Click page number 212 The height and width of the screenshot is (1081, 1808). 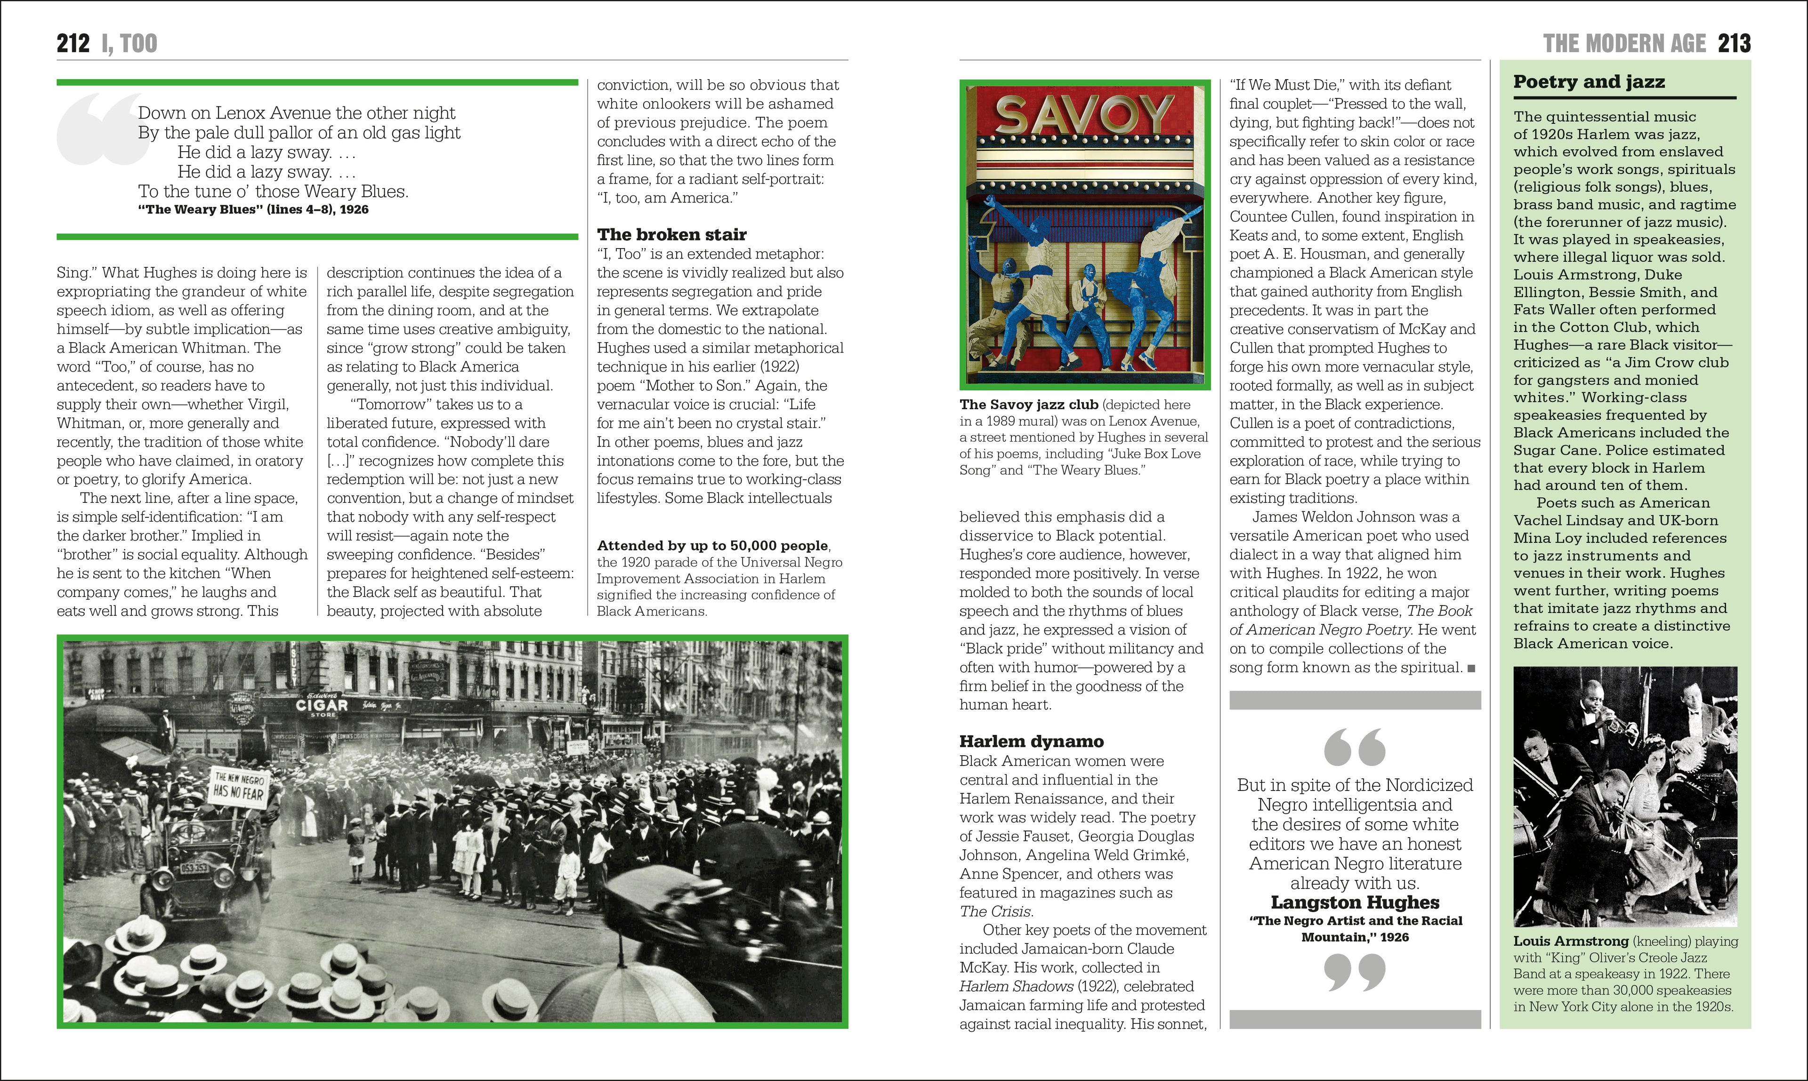tap(73, 44)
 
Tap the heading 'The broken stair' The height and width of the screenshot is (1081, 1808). tap(671, 234)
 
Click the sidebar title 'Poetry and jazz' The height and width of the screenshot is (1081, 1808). tap(1589, 81)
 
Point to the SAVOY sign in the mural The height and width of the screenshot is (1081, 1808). tap(1084, 115)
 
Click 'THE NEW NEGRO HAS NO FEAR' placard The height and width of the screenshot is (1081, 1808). tap(239, 785)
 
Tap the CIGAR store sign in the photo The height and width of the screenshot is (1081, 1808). tap(322, 705)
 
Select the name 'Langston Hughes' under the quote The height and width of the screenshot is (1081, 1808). tap(1355, 903)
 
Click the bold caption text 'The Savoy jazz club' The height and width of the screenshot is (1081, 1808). tap(1029, 405)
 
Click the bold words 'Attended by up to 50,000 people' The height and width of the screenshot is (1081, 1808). tap(712, 546)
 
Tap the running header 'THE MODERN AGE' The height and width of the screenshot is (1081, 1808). tap(1624, 44)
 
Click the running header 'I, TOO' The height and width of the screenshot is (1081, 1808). tap(129, 44)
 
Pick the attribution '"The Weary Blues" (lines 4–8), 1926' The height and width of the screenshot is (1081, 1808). tap(253, 210)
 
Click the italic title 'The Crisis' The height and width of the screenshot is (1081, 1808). tap(995, 912)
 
